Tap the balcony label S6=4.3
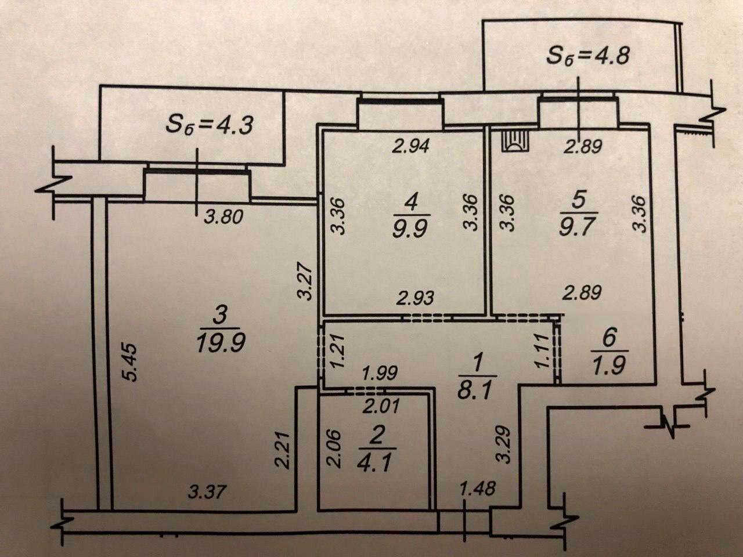pyautogui.click(x=210, y=124)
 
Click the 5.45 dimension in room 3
pyautogui.click(x=132, y=363)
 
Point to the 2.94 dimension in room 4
pyautogui.click(x=410, y=146)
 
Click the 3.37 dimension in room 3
pyautogui.click(x=207, y=493)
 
